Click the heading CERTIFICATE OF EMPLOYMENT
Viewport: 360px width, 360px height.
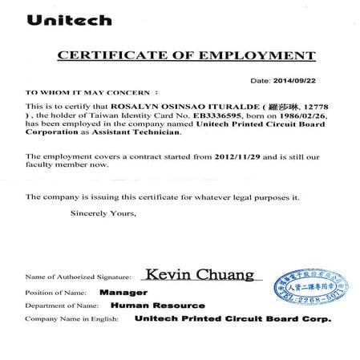[185, 55]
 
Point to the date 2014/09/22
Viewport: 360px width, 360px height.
[293, 81]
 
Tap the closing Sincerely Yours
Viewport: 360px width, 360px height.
[103, 214]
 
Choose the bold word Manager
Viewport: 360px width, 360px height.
[122, 293]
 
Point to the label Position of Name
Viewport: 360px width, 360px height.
[54, 293]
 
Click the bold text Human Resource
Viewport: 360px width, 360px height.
[158, 305]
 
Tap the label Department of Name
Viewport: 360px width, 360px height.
[61, 305]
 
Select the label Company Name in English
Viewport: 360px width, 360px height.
[71, 319]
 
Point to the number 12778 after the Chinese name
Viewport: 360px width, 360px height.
[318, 106]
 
